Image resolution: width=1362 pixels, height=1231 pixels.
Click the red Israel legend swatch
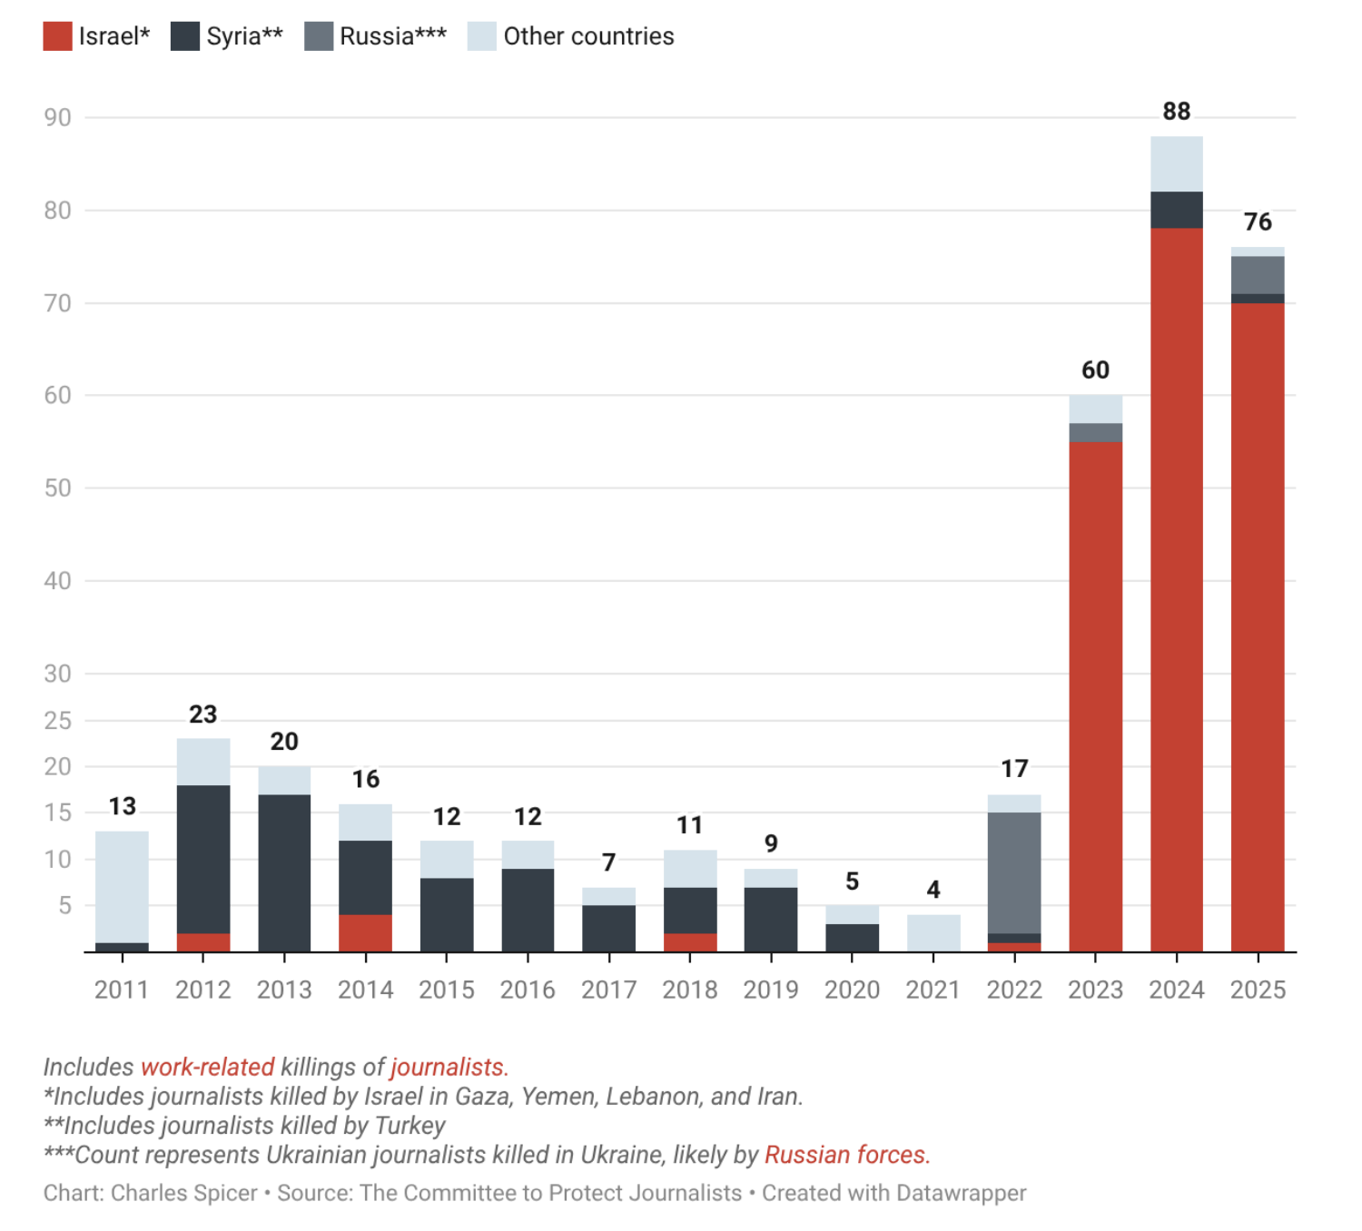point(57,36)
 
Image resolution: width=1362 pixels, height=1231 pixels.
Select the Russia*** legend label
point(392,36)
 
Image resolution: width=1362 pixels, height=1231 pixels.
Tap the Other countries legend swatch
point(481,36)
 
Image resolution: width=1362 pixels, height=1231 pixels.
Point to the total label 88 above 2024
point(1176,111)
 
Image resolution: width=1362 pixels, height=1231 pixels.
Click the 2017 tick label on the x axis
point(608,990)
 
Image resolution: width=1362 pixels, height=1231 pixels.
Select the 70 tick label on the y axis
point(58,303)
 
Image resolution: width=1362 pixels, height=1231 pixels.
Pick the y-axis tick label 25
point(58,721)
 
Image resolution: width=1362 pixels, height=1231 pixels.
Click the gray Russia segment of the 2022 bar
point(1013,872)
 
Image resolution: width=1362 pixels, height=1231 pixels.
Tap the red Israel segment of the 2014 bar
point(365,933)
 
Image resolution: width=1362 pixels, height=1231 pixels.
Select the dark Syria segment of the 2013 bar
point(284,873)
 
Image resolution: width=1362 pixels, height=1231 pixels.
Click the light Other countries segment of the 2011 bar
point(122,887)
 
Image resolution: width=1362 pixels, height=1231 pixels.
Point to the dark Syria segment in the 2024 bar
point(1176,210)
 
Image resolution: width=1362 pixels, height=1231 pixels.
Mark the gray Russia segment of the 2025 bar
point(1258,275)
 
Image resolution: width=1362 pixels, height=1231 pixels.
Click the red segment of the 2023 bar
point(1095,696)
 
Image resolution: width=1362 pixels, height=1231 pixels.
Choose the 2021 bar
point(933,933)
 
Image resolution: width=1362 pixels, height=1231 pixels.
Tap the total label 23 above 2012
point(203,714)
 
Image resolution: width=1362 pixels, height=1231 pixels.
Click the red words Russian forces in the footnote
point(846,1154)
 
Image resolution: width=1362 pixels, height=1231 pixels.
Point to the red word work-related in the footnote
point(207,1067)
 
